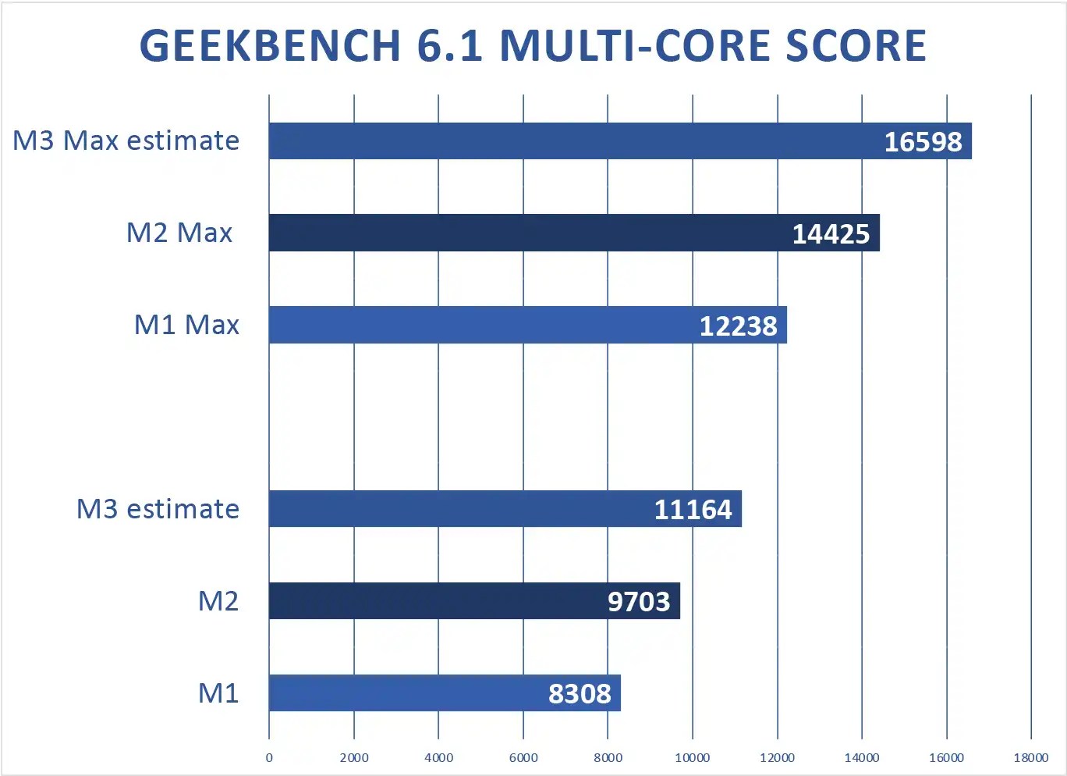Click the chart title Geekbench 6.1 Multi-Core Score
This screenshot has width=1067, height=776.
pyautogui.click(x=533, y=45)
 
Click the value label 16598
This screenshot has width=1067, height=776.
pyautogui.click(x=923, y=142)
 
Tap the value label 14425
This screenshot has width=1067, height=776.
pyautogui.click(x=831, y=234)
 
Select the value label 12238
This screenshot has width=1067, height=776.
pyautogui.click(x=738, y=326)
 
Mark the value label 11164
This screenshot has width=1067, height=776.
pyautogui.click(x=693, y=510)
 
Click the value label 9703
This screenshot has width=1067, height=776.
pyautogui.click(x=639, y=602)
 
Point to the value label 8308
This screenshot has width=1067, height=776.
pyautogui.click(x=580, y=694)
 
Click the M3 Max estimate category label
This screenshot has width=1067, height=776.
pyautogui.click(x=126, y=141)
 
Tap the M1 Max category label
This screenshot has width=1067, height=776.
pyautogui.click(x=186, y=325)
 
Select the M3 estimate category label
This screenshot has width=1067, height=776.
pyautogui.click(x=158, y=509)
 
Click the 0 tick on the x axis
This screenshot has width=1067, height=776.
pyautogui.click(x=269, y=757)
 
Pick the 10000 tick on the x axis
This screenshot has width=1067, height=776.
pyautogui.click(x=693, y=757)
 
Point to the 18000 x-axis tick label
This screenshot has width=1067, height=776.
pyautogui.click(x=1031, y=757)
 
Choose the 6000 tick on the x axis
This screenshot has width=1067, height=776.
pyautogui.click(x=523, y=757)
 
